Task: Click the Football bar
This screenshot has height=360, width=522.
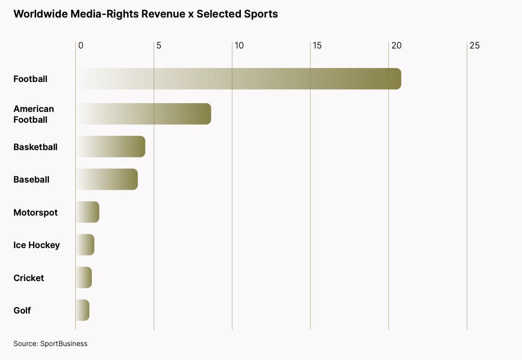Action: [238, 79]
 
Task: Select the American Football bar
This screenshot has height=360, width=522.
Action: [143, 114]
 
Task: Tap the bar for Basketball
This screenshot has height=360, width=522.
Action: [110, 147]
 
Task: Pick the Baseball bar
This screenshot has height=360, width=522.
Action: [107, 179]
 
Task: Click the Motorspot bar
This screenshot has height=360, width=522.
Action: [87, 212]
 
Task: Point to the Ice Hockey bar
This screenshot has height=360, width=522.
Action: [85, 245]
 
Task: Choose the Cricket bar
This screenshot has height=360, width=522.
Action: [84, 278]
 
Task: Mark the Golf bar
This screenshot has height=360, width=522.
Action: [83, 310]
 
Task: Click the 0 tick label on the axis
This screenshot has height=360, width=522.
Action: [81, 45]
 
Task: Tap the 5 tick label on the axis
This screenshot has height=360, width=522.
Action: [159, 45]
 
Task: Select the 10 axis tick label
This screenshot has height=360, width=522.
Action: [239, 45]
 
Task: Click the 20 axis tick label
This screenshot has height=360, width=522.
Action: [396, 45]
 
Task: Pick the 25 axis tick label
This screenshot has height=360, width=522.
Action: [475, 45]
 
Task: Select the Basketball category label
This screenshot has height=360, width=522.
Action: [36, 147]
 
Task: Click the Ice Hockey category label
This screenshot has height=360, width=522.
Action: [37, 245]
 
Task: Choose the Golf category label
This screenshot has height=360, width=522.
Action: [22, 310]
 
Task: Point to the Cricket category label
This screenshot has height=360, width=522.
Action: [29, 278]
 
